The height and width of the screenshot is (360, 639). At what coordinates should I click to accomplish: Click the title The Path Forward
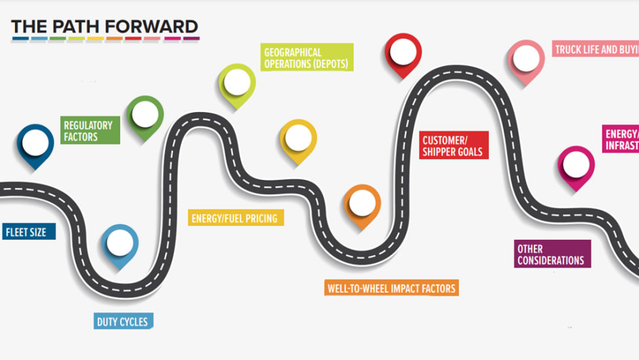click(x=104, y=27)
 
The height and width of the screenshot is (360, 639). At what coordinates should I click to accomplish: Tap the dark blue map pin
click(x=35, y=144)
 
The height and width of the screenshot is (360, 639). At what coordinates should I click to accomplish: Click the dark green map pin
click(x=144, y=116)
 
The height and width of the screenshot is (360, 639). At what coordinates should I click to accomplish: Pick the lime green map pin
click(x=237, y=83)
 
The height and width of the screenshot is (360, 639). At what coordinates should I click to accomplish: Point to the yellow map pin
click(x=298, y=139)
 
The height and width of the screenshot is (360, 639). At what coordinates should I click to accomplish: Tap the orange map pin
click(x=362, y=204)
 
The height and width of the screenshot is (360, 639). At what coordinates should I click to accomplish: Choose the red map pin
click(x=402, y=53)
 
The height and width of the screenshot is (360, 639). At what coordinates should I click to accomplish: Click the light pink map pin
click(x=526, y=61)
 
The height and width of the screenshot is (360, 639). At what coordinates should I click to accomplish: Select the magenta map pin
click(x=576, y=166)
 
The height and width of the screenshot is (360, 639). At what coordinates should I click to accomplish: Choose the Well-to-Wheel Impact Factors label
click(x=391, y=288)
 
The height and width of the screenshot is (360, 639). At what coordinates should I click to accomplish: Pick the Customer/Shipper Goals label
click(x=453, y=145)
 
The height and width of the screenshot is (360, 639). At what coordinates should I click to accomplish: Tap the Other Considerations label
click(x=552, y=254)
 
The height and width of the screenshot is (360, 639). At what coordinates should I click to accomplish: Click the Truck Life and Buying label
click(x=595, y=49)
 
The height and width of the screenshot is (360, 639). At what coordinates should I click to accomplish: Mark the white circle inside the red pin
click(x=402, y=50)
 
